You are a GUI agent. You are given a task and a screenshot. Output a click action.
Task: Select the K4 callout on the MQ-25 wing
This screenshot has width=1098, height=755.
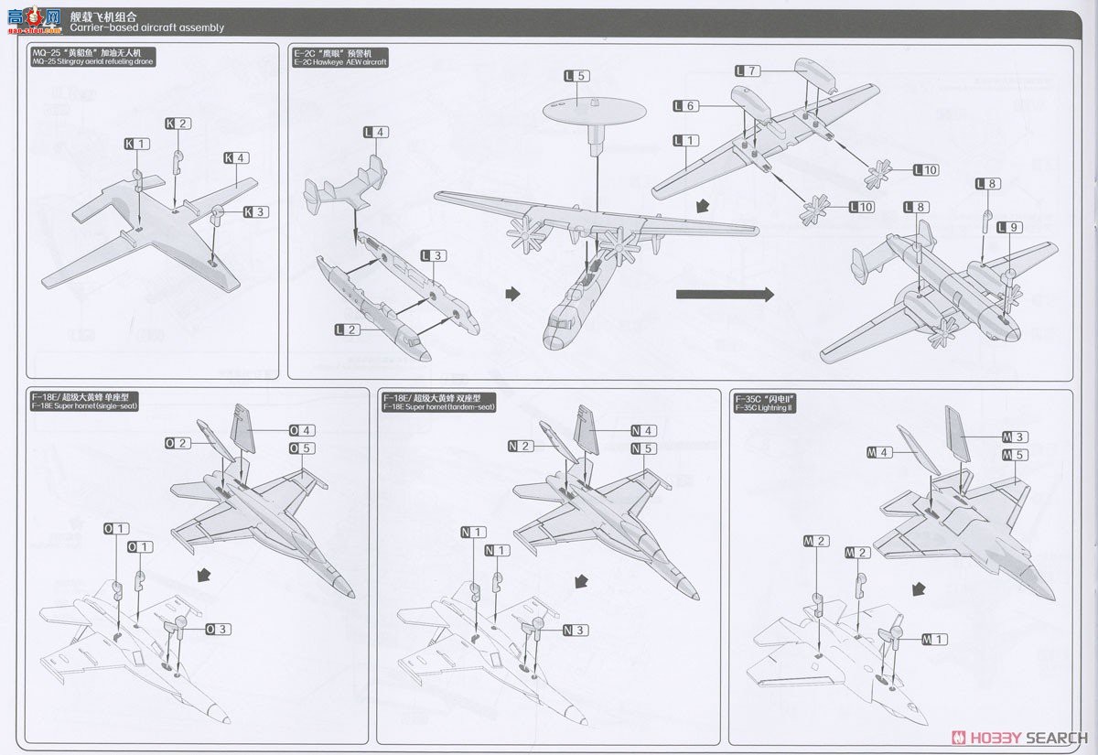point(236,158)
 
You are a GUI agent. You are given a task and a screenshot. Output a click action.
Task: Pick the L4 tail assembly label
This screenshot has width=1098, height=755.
point(375,133)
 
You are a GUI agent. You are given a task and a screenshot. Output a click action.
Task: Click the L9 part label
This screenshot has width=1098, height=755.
point(1009,227)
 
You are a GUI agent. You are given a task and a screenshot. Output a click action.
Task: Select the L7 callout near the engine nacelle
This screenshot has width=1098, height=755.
point(748,71)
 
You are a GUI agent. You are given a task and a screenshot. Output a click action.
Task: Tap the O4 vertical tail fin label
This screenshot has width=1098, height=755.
point(302,430)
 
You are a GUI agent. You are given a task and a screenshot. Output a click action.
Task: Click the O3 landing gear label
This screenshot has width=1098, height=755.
point(218,629)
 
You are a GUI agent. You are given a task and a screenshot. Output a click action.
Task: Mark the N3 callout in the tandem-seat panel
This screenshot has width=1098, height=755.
point(575,630)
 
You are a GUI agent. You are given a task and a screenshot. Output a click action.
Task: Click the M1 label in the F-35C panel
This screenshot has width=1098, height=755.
point(935,639)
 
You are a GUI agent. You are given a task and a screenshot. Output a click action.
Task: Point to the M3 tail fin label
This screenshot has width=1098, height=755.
point(1016,437)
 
